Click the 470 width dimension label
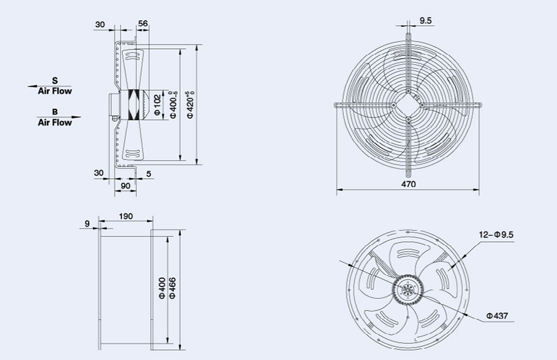[408, 184]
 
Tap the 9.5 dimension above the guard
[425, 20]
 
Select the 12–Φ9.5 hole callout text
[496, 234]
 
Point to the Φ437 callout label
[498, 315]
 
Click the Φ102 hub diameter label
[157, 105]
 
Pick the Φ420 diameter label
[191, 105]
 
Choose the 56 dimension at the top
[143, 24]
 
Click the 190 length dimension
[126, 216]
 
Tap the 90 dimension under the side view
[126, 186]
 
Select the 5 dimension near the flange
[149, 174]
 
